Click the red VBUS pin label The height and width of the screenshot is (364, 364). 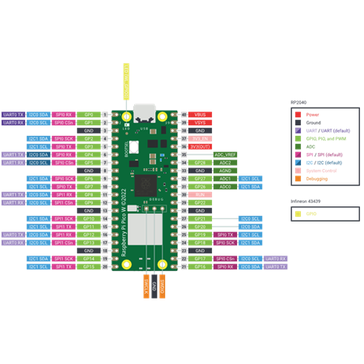[x=200, y=115]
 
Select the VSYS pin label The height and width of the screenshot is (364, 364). [x=200, y=123]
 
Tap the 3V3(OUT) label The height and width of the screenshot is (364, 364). [x=200, y=146]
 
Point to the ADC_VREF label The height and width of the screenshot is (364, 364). [x=226, y=154]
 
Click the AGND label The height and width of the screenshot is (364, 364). [x=226, y=171]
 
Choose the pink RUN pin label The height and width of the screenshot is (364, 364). [x=200, y=194]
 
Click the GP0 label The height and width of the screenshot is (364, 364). [x=89, y=115]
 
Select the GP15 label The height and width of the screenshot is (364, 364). [x=89, y=266]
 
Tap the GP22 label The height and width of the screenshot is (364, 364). [x=200, y=202]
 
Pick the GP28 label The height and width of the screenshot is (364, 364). [x=200, y=163]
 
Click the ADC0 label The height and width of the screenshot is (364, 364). [x=226, y=186]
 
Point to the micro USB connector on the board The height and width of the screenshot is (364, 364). [x=145, y=112]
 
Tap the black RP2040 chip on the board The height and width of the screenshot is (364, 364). [x=146, y=185]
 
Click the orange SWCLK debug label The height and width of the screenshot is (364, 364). [x=146, y=286]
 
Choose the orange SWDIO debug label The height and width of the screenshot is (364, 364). [x=163, y=286]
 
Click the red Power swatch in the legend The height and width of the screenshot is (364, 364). [x=298, y=115]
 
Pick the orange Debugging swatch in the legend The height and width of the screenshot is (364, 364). [x=298, y=179]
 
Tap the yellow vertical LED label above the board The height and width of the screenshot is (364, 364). [x=126, y=82]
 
